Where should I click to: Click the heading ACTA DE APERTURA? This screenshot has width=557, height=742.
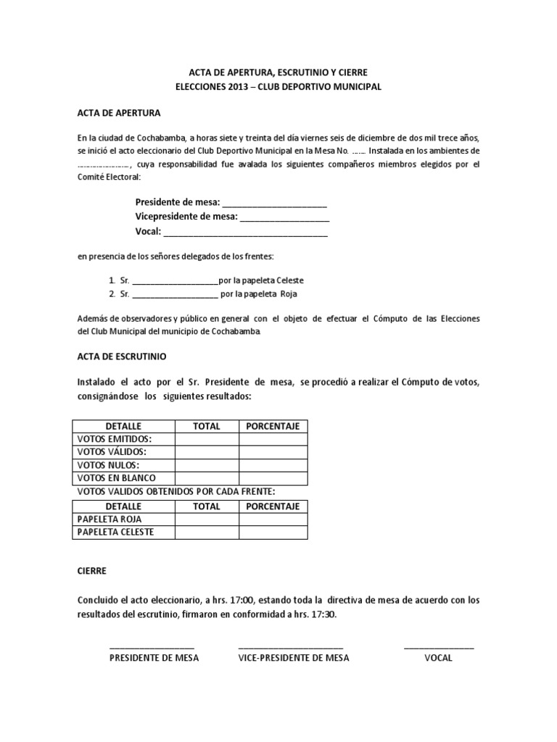coord(119,114)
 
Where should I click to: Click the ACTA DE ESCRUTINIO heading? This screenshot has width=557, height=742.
coord(122,357)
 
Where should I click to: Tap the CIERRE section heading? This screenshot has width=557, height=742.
coord(91,571)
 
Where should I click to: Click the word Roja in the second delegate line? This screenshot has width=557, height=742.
coord(289,294)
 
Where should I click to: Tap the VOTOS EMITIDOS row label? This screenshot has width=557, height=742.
coord(115,439)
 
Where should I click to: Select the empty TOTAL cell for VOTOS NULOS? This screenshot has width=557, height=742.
coord(207,465)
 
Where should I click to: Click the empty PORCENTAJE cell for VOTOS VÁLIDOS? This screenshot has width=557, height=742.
coord(273,452)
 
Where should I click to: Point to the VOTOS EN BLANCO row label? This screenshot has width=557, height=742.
coord(116,478)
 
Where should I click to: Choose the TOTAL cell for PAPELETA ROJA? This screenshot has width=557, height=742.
coord(207,520)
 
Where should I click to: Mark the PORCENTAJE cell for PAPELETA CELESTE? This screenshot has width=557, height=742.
coord(273,533)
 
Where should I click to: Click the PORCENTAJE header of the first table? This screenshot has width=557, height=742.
coord(273,426)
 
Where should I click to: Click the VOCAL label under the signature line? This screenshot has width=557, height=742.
coord(438,658)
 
